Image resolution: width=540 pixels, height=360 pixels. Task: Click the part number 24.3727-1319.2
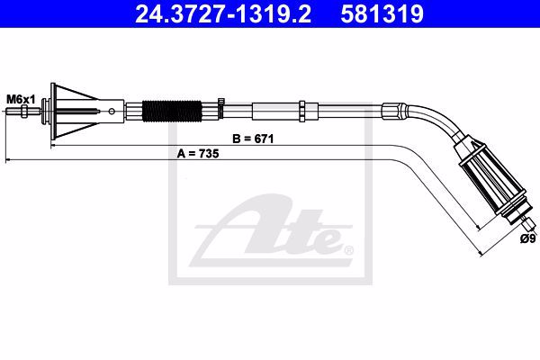click(223, 14)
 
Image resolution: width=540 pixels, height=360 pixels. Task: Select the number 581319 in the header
click(382, 14)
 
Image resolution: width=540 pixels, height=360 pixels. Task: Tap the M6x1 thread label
click(21, 100)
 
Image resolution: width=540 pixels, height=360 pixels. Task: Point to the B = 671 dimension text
click(253, 139)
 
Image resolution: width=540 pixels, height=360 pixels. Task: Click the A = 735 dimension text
click(198, 154)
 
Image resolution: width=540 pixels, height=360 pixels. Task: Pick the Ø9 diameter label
click(527, 238)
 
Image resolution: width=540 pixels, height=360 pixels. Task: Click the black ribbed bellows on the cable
click(172, 112)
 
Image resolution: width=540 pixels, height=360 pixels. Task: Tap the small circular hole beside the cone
click(112, 111)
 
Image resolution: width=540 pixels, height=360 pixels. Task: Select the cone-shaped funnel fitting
click(74, 112)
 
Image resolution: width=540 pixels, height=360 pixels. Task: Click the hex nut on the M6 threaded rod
click(24, 112)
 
